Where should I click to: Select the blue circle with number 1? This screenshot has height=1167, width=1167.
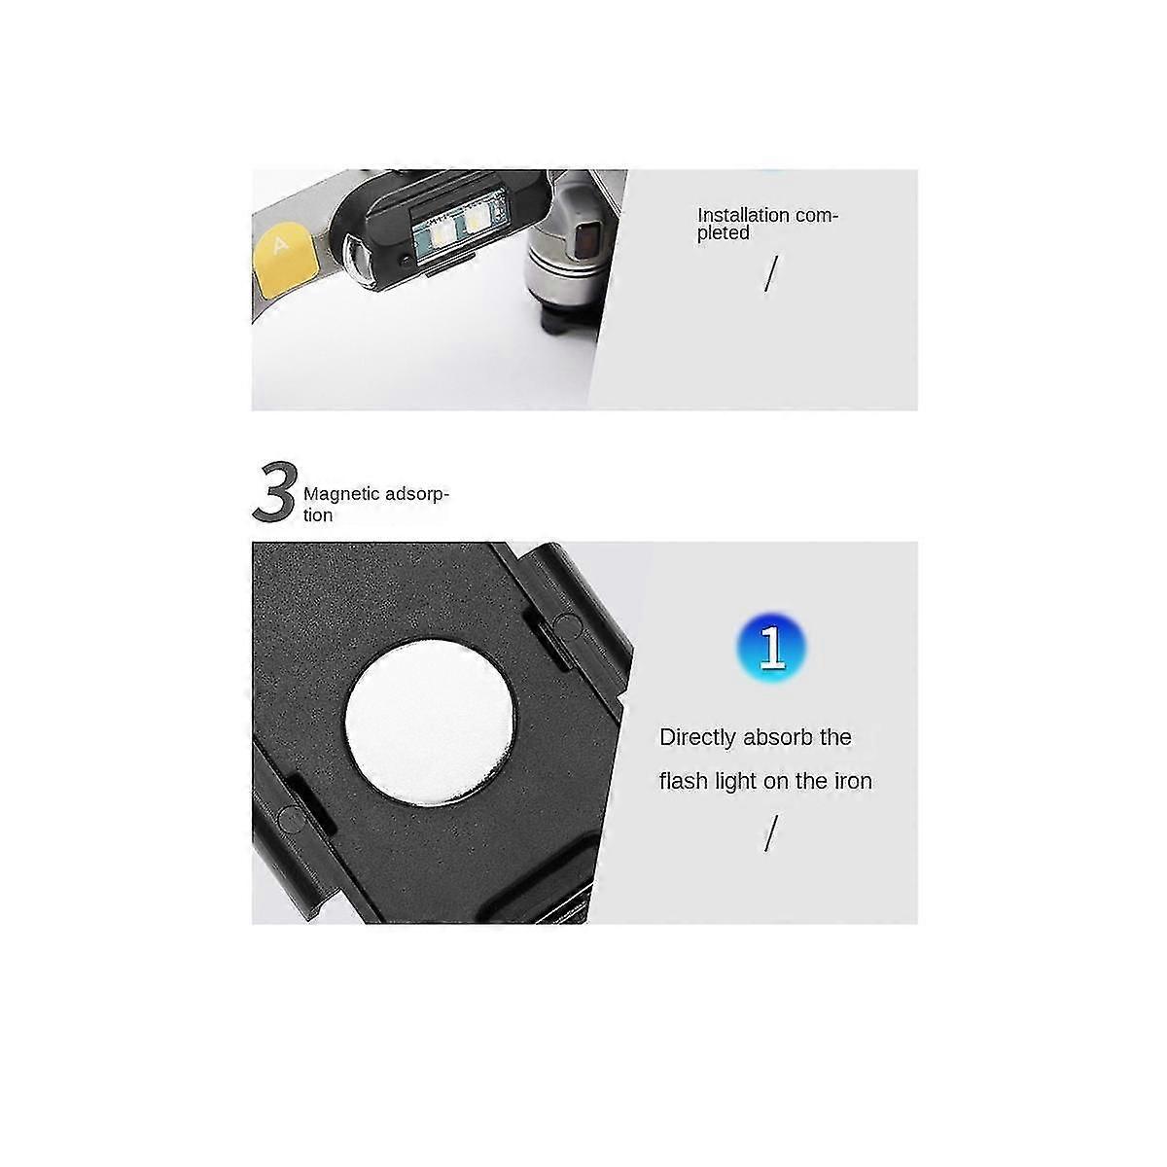tap(771, 647)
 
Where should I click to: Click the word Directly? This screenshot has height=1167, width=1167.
tap(697, 737)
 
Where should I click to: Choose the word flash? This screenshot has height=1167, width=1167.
tap(684, 781)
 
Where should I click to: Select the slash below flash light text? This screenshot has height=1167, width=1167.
tap(771, 833)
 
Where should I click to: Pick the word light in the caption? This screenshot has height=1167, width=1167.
tap(735, 781)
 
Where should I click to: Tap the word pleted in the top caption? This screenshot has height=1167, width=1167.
tap(723, 233)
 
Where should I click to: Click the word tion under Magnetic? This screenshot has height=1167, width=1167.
tap(318, 515)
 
